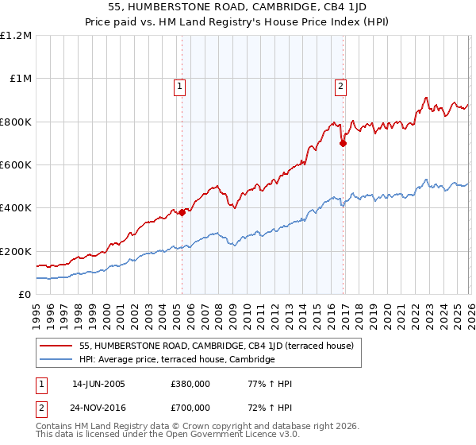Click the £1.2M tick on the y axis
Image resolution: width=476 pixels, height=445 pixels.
[16, 36]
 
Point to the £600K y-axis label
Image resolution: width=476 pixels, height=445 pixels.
[16, 165]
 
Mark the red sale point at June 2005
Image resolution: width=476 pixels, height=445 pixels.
[182, 212]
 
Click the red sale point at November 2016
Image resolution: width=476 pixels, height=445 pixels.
[344, 144]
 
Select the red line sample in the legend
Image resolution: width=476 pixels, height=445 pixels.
[56, 346]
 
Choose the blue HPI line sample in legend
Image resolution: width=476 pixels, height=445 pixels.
[56, 360]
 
